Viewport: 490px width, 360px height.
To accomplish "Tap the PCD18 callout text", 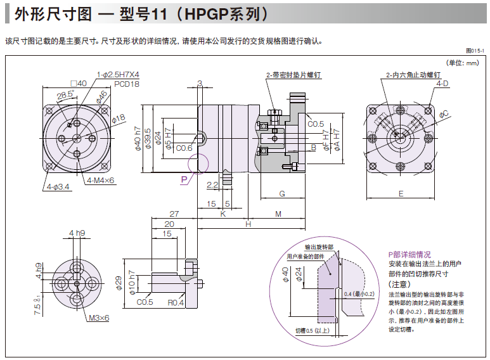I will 127,84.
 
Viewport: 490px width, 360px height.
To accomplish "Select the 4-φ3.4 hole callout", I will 58,187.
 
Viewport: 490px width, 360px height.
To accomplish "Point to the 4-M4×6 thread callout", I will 101,181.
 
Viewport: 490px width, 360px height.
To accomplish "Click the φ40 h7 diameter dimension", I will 138,138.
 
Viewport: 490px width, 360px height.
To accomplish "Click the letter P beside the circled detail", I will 184,180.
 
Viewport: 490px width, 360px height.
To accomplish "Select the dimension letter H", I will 248,224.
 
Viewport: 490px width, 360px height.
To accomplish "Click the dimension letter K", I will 222,214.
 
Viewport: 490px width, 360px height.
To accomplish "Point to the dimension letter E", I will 401,193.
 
